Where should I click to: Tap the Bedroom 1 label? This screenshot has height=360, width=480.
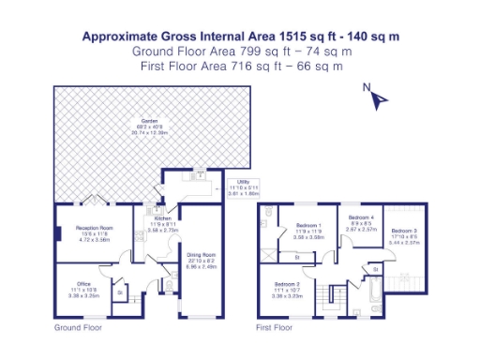(x=309, y=226)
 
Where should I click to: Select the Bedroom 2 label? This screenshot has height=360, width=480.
(x=288, y=284)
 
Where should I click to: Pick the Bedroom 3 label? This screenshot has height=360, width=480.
(x=404, y=231)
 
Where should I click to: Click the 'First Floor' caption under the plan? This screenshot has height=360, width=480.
(x=275, y=329)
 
